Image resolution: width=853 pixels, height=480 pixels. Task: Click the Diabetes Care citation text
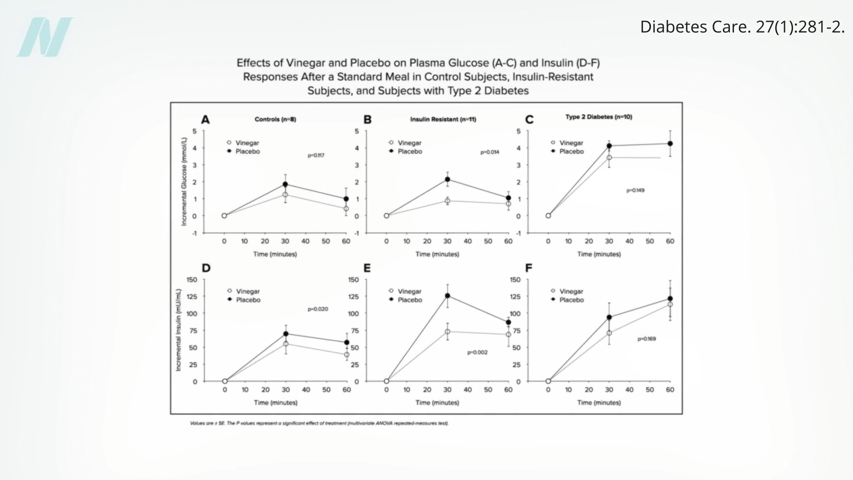coord(742,27)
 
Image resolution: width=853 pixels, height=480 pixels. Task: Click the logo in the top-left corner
coord(45,37)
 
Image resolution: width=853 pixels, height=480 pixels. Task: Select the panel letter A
coord(205,120)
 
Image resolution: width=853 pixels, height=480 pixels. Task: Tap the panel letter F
coord(529,268)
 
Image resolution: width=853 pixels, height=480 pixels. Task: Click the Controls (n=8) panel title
coord(275,119)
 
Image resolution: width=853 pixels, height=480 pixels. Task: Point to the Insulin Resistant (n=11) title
coord(443,119)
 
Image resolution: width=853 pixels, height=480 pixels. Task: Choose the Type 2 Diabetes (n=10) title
coord(598,117)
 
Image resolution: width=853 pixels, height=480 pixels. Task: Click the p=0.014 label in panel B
coord(490,152)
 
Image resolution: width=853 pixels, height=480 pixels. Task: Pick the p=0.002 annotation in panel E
coord(477,352)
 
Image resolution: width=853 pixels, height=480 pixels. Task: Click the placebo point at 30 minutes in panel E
coord(447,296)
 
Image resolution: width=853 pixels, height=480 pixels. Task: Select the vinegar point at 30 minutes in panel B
coord(447,201)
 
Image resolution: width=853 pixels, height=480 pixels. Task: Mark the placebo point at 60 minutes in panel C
coord(670,144)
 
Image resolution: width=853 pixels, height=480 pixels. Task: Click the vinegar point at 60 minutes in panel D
coord(347,355)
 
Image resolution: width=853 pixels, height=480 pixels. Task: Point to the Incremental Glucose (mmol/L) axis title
coord(184,181)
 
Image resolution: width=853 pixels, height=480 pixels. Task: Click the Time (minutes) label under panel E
coord(437,403)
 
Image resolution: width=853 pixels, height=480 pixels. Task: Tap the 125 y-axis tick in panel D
coord(192,296)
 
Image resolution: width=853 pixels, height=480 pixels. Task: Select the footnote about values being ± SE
coord(319,423)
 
